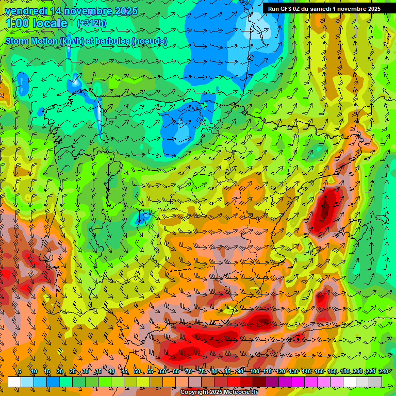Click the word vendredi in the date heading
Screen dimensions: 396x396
click(23, 11)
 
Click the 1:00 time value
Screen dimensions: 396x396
click(16, 23)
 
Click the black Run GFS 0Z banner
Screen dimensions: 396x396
click(324, 9)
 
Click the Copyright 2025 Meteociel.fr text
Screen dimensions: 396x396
click(219, 392)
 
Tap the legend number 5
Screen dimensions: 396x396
click(20, 371)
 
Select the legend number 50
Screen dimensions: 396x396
click(137, 371)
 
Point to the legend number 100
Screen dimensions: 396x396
click(255, 371)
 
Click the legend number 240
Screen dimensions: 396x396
click(384, 371)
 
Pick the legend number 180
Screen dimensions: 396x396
click(345, 371)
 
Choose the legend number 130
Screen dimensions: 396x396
click(293, 371)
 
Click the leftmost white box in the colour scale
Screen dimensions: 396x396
click(14, 382)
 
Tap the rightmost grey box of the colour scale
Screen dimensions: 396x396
click(375, 382)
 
